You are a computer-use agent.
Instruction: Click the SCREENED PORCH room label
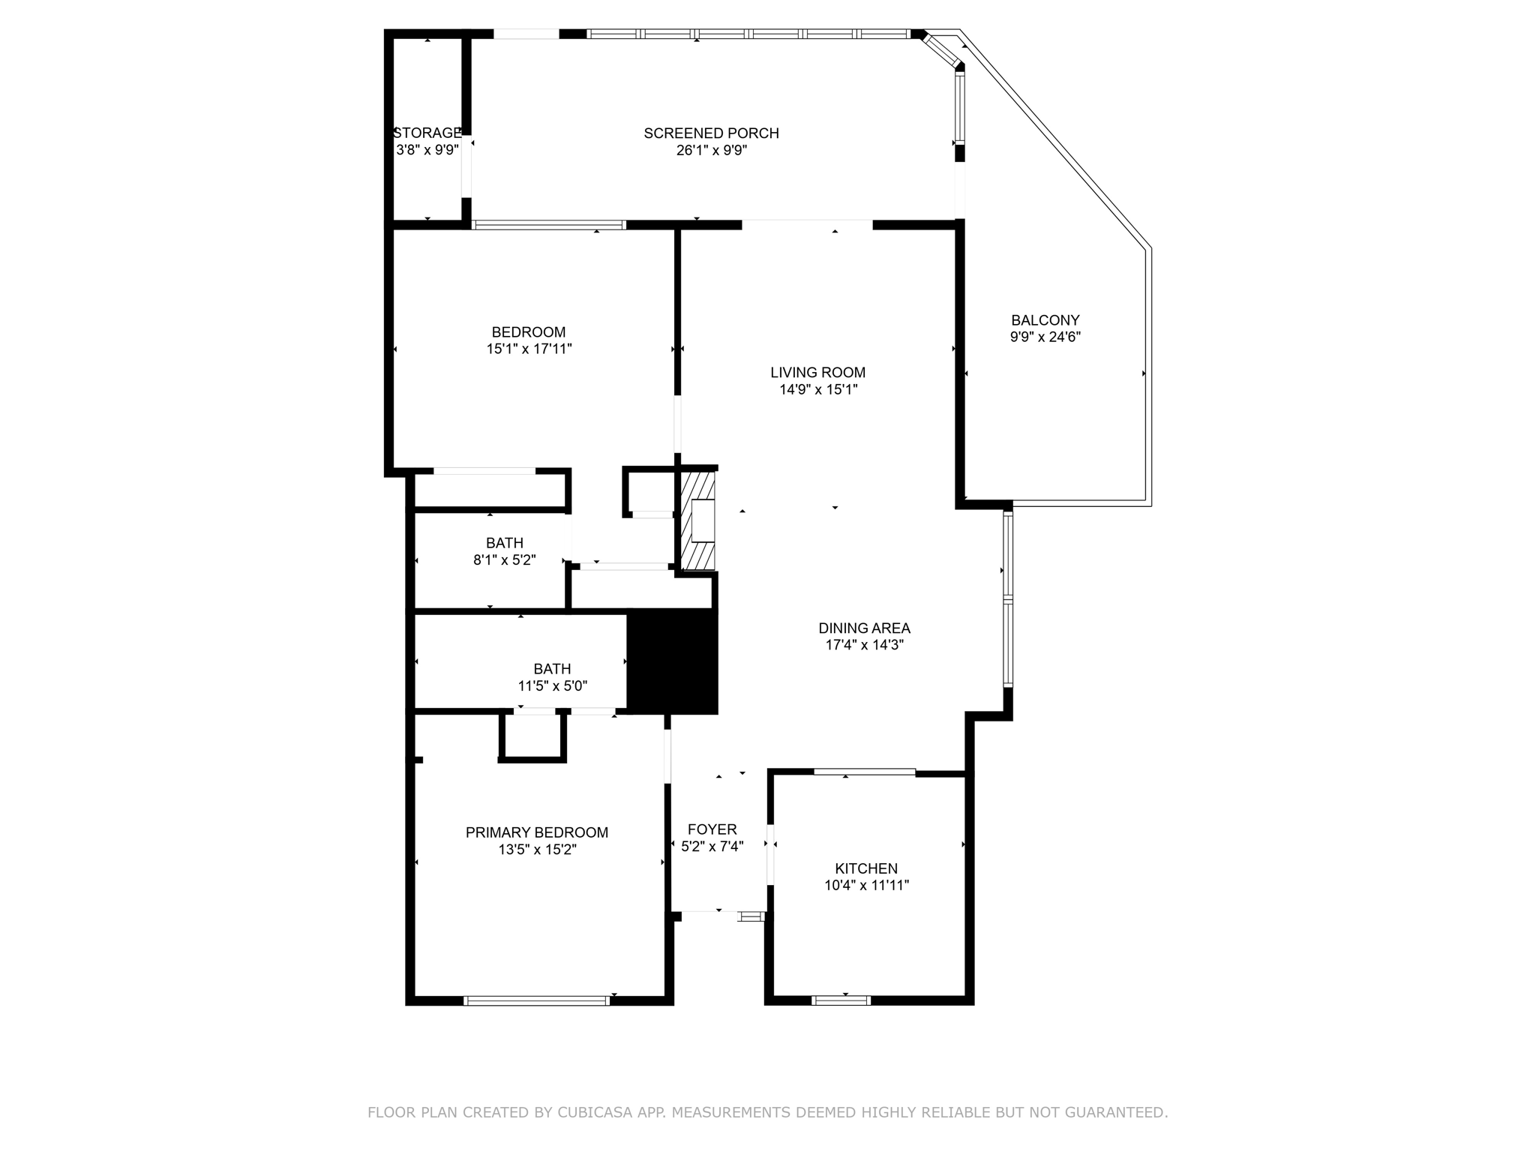pyautogui.click(x=711, y=133)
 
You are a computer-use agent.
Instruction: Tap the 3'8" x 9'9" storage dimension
pyautogui.click(x=427, y=150)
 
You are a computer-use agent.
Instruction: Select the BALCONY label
pyautogui.click(x=1045, y=320)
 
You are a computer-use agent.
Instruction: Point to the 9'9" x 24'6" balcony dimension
pyautogui.click(x=1045, y=337)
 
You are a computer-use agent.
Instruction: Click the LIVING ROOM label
pyautogui.click(x=817, y=372)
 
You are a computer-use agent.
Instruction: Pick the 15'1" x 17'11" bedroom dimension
pyautogui.click(x=529, y=349)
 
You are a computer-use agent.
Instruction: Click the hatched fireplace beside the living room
pyautogui.click(x=697, y=520)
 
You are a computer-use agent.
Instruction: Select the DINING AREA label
pyautogui.click(x=864, y=628)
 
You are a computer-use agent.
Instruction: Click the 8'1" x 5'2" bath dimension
pyautogui.click(x=504, y=559)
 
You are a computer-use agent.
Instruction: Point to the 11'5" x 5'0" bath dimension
pyautogui.click(x=552, y=685)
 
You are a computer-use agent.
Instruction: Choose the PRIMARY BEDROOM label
pyautogui.click(x=536, y=832)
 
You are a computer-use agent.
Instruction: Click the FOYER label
pyautogui.click(x=712, y=829)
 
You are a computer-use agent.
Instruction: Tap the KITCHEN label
pyautogui.click(x=866, y=868)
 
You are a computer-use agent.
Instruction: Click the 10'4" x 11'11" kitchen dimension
pyautogui.click(x=866, y=885)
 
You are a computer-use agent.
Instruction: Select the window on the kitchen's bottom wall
pyautogui.click(x=841, y=1000)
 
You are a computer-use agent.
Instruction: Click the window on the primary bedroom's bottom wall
pyautogui.click(x=536, y=1000)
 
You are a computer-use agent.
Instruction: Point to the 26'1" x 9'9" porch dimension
pyautogui.click(x=711, y=150)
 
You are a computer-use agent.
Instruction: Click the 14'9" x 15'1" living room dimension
pyautogui.click(x=817, y=389)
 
